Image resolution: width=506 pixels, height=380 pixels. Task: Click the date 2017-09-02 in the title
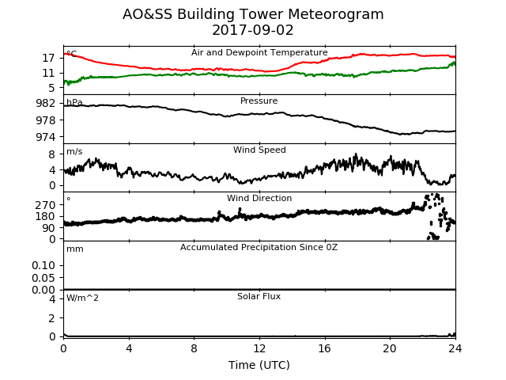click(253, 30)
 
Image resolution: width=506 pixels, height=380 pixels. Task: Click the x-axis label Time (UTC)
click(259, 365)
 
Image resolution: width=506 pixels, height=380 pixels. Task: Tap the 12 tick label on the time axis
click(259, 348)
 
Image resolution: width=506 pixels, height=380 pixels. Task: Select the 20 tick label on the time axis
click(390, 348)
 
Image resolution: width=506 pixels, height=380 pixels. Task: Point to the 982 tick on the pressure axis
click(46, 103)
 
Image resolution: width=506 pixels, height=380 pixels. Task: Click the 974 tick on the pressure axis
click(46, 137)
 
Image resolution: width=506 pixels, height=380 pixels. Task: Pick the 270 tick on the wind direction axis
click(46, 205)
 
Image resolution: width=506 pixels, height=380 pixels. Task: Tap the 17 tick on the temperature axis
click(49, 58)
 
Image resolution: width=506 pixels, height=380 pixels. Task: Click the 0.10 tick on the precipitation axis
click(43, 265)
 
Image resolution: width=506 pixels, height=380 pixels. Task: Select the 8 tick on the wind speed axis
click(52, 154)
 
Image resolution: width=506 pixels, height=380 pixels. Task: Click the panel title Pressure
click(259, 101)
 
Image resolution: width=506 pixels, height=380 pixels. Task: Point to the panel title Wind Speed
click(259, 150)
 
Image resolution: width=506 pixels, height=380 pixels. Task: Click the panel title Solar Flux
click(259, 296)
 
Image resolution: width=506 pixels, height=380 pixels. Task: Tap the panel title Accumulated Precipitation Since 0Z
click(259, 247)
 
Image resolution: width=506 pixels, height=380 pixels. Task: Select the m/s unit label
click(74, 151)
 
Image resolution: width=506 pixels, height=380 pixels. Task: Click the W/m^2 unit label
click(82, 298)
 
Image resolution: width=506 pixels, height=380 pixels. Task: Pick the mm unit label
click(75, 249)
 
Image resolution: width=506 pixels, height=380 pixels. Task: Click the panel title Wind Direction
click(259, 198)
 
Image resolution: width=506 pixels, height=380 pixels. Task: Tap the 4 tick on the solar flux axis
click(52, 299)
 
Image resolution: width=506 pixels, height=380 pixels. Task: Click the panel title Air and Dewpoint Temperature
click(259, 53)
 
